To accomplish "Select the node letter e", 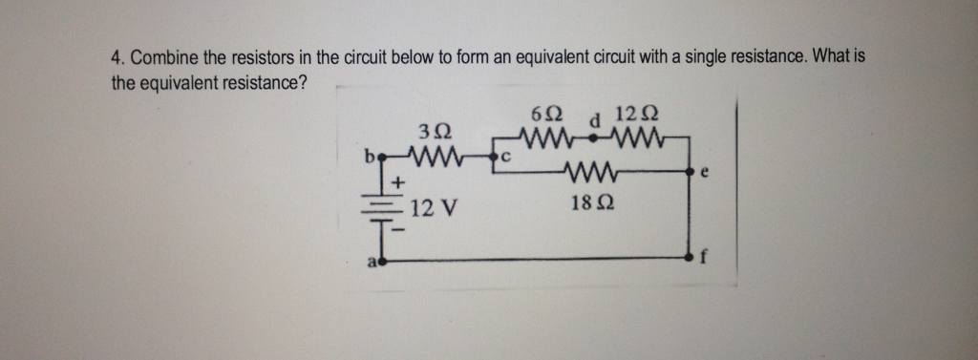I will (x=705, y=176).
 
